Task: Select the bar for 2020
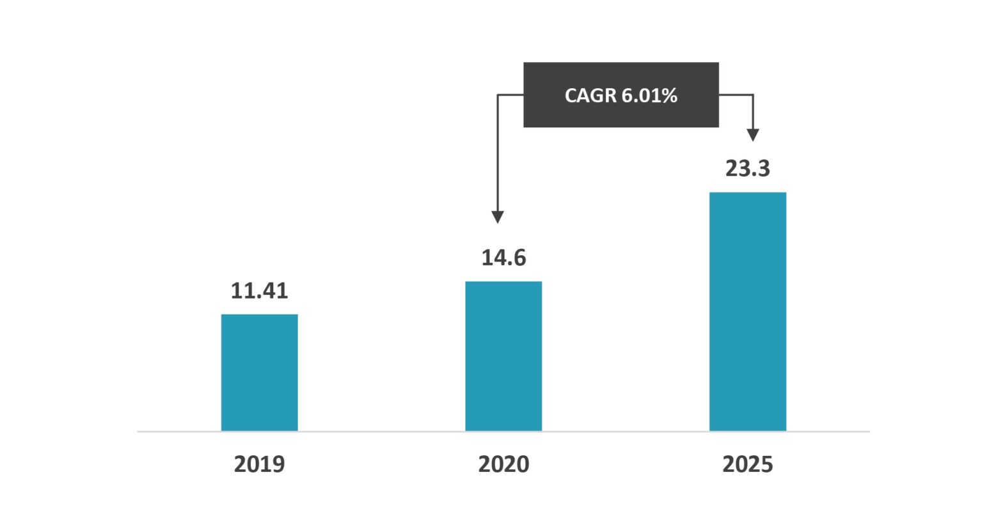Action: [503, 356]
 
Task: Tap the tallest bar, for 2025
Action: [747, 311]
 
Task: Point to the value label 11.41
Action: [259, 291]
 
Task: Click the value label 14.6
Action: [503, 258]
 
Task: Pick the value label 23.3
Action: [747, 169]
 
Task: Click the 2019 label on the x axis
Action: [259, 464]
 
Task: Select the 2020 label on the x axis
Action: [503, 464]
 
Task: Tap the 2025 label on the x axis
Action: [747, 464]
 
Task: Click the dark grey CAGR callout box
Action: [620, 115]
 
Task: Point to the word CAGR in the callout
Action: [590, 96]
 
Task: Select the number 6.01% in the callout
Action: [649, 96]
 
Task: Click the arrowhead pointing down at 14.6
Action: [498, 217]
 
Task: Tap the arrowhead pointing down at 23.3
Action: [753, 135]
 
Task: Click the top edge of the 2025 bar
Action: [747, 192]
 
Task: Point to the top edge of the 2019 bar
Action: [259, 315]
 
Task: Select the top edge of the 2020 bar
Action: [503, 281]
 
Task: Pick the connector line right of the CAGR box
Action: [736, 95]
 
